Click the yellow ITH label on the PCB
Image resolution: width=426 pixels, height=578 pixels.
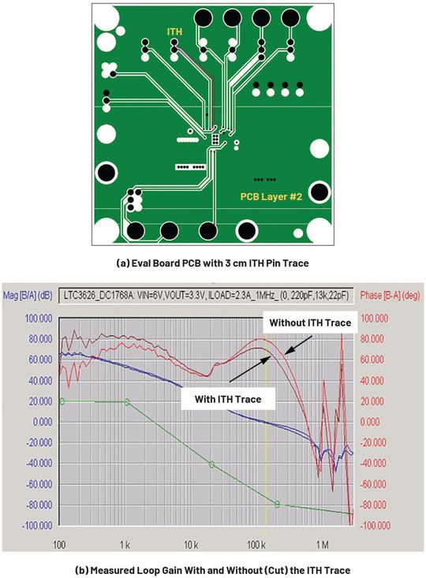[x=176, y=32]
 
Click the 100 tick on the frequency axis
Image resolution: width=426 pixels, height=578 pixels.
[x=58, y=544]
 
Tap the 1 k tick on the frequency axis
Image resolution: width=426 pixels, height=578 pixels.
[x=125, y=544]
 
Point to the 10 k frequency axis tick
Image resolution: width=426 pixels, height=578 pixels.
[x=190, y=544]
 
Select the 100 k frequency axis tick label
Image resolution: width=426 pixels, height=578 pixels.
[x=256, y=544]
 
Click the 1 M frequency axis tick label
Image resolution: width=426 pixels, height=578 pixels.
[x=322, y=544]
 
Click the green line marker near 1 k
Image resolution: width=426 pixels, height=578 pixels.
[x=127, y=401]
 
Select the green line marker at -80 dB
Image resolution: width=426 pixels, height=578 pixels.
[x=277, y=503]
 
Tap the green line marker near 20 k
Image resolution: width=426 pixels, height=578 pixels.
[x=211, y=464]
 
